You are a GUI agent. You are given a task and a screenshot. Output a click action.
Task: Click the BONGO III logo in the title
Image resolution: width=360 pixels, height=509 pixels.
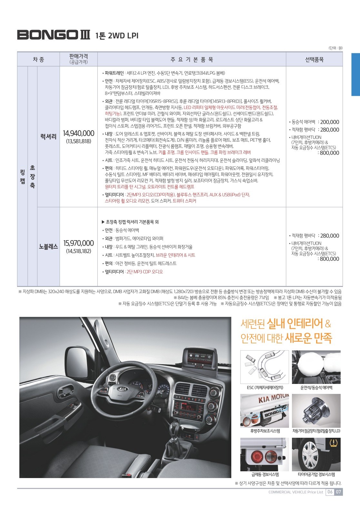pyautogui.click(x=54, y=35)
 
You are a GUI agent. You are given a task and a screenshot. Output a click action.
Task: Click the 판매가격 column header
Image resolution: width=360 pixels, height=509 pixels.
pyautogui.click(x=78, y=57)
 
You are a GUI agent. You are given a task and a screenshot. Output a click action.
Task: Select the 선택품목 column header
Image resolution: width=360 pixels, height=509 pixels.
pyautogui.click(x=314, y=60)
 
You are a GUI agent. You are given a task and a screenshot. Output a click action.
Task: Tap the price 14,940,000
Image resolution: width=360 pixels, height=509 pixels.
pyautogui.click(x=78, y=133)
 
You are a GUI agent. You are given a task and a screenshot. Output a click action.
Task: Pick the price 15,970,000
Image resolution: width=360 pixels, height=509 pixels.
pyautogui.click(x=78, y=243)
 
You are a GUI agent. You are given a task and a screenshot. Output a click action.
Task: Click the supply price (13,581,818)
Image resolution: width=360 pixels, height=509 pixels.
pyautogui.click(x=78, y=141)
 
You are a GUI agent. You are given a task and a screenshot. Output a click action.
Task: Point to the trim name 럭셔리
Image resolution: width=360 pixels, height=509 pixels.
pyautogui.click(x=48, y=137)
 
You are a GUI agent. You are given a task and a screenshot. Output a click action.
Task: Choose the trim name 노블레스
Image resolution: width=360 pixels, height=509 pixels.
pyautogui.click(x=48, y=247)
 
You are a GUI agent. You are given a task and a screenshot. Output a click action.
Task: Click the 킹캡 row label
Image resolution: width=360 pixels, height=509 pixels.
pyautogui.click(x=22, y=177)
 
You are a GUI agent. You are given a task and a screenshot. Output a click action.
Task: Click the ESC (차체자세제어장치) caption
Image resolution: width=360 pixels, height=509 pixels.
pyautogui.click(x=265, y=387)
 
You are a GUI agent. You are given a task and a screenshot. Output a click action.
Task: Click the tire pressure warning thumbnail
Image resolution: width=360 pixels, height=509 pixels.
pyautogui.click(x=316, y=454)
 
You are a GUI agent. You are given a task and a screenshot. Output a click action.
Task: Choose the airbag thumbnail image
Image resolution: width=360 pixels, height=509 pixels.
pyautogui.click(x=316, y=367)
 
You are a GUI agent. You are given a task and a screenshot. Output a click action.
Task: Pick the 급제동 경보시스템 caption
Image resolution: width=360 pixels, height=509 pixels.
pyautogui.click(x=265, y=475)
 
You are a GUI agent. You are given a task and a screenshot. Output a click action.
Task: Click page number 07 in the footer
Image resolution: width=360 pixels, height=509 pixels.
pyautogui.click(x=338, y=492)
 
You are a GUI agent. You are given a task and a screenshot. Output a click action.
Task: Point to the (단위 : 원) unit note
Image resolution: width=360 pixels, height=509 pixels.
pyautogui.click(x=335, y=48)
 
